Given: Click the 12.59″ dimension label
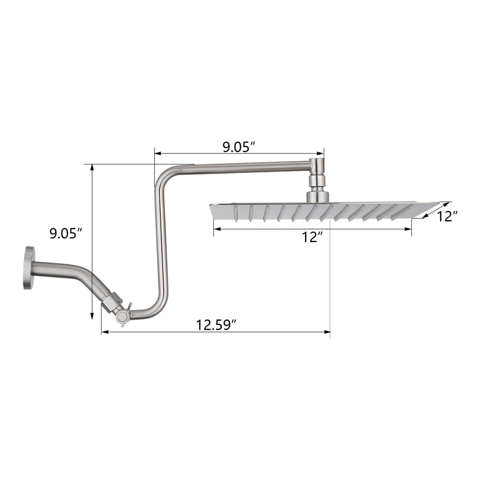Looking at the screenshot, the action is (217, 325).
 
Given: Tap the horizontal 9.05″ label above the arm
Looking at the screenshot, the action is (239, 148).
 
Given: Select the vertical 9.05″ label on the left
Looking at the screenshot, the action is (66, 234).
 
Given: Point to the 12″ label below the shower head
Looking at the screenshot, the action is (312, 237).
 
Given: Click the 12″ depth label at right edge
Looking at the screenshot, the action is (447, 217).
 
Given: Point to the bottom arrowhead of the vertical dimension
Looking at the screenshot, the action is (92, 316).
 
